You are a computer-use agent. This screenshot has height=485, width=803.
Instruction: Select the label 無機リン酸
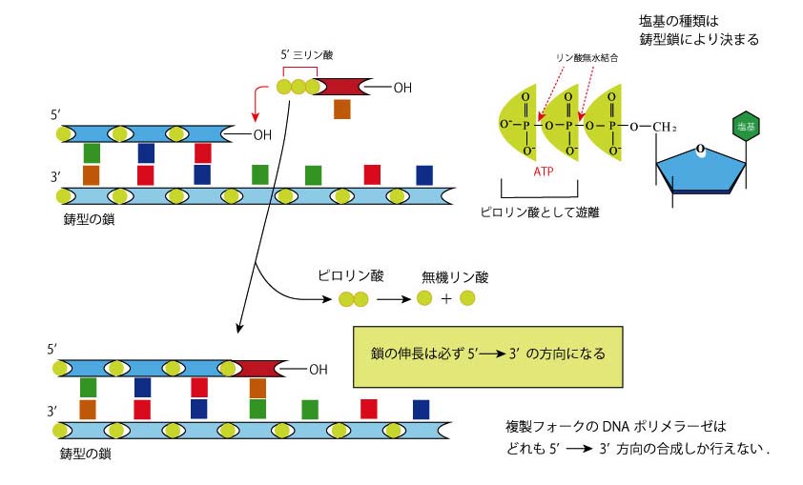pyautogui.click(x=455, y=277)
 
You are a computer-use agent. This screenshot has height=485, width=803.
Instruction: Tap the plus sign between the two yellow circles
pyautogui.click(x=446, y=299)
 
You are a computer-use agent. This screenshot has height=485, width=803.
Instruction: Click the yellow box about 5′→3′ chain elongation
pyautogui.click(x=487, y=353)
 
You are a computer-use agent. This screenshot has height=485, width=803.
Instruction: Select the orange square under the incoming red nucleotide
pyautogui.click(x=342, y=109)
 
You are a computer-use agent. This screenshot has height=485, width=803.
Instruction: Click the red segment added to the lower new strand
pyautogui.click(x=256, y=368)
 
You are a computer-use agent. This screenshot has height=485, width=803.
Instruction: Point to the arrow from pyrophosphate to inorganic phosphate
pyautogui.click(x=392, y=299)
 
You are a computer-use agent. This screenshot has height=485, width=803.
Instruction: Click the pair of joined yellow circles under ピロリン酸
pyautogui.click(x=354, y=300)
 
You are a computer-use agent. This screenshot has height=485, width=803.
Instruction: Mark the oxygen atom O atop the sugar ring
pyautogui.click(x=701, y=148)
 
